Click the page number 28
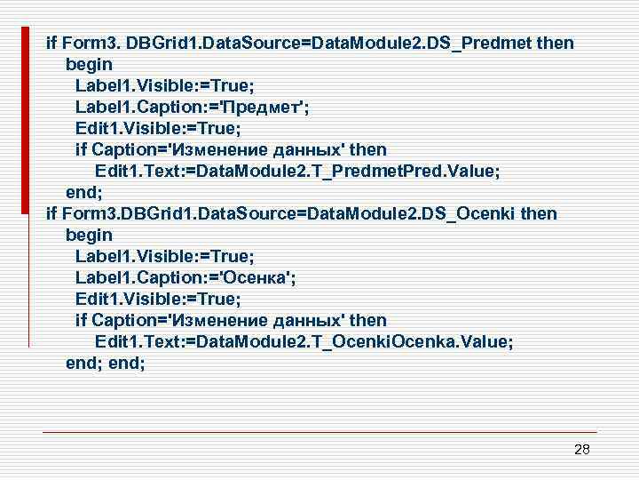click(581, 450)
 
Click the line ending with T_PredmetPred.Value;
click(297, 171)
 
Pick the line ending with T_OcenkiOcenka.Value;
click(304, 341)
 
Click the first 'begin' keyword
click(89, 64)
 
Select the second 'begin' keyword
click(89, 235)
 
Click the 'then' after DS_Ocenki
click(540, 213)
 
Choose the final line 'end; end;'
click(106, 363)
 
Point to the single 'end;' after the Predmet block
click(84, 192)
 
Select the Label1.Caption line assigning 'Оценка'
click(185, 277)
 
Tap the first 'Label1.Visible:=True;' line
click(164, 85)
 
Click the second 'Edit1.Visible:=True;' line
click(158, 299)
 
